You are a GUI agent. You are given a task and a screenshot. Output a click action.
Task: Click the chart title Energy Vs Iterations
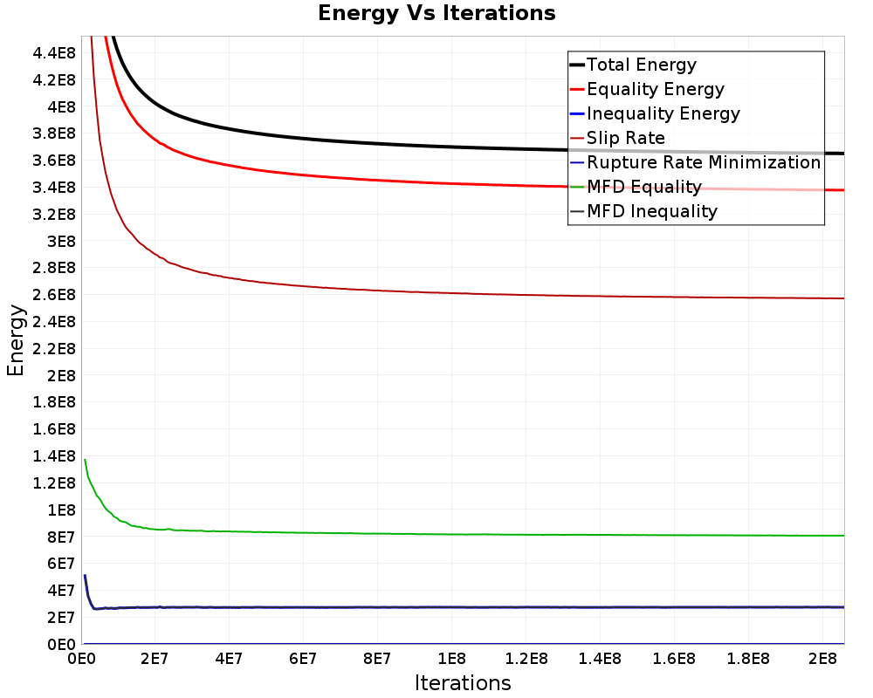coord(436,13)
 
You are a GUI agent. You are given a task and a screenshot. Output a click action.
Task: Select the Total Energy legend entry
coord(633,65)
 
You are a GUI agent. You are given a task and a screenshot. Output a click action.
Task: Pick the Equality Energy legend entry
coord(648,89)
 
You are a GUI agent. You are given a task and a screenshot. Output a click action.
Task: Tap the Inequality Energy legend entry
coord(656,113)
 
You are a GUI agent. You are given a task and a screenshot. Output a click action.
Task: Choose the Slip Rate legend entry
coord(617,138)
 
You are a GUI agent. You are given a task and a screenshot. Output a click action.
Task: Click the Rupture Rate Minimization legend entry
coord(696,162)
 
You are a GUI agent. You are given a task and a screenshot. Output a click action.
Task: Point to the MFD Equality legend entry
coord(636,187)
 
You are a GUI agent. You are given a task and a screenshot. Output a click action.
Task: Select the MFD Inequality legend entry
coord(643,211)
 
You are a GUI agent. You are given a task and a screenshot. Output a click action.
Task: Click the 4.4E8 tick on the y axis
coord(54,53)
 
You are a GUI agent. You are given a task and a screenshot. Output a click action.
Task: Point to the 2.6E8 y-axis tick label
coord(54,294)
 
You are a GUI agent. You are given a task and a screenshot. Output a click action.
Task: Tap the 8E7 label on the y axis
coord(61,537)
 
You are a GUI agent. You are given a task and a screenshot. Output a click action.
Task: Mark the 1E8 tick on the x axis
coord(451,659)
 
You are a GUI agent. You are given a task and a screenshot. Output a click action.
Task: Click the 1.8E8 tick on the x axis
coord(748,659)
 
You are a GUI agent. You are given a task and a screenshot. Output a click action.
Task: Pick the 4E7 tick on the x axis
coord(229,659)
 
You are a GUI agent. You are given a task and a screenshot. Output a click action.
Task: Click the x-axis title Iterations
coord(463,682)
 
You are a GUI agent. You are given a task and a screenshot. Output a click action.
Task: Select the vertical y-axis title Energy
coord(16,340)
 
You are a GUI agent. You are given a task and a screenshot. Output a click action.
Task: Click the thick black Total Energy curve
coord(389,144)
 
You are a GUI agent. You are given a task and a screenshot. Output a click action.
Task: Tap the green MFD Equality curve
coord(389,533)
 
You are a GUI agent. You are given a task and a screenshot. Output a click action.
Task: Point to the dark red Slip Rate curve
coord(389,291)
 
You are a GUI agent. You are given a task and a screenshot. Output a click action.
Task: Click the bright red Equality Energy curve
coord(389,181)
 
